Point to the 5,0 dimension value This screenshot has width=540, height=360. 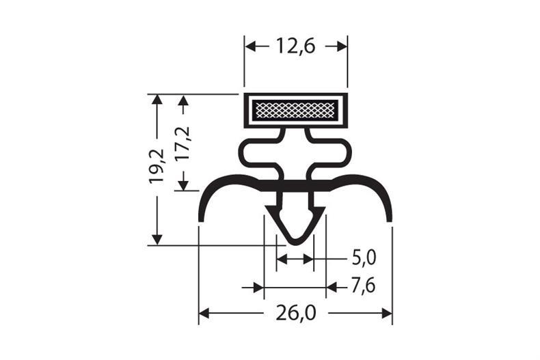point(364,258)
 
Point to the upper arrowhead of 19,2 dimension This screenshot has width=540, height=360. point(157,100)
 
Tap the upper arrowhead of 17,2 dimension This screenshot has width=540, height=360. point(182,100)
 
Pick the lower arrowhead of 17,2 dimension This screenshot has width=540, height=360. point(182,185)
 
